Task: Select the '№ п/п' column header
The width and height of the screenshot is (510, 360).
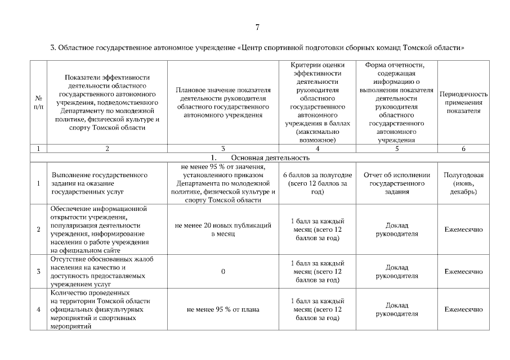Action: (38, 102)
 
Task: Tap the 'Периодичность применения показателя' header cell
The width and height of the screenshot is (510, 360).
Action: (463, 102)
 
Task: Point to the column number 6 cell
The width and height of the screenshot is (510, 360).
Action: (463, 149)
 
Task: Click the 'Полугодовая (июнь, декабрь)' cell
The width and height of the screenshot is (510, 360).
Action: (463, 183)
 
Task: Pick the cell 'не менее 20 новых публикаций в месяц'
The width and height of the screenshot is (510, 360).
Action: (223, 229)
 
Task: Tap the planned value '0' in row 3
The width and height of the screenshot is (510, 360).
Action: (223, 272)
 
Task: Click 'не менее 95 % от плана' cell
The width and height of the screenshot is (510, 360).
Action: (223, 309)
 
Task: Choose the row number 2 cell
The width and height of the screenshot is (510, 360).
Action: (38, 229)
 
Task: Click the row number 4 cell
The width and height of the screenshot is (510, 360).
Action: (38, 309)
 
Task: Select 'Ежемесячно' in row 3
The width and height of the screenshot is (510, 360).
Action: (463, 272)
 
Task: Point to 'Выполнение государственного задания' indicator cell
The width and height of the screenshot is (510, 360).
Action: (100, 183)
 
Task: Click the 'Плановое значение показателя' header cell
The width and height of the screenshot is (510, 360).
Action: (223, 102)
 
